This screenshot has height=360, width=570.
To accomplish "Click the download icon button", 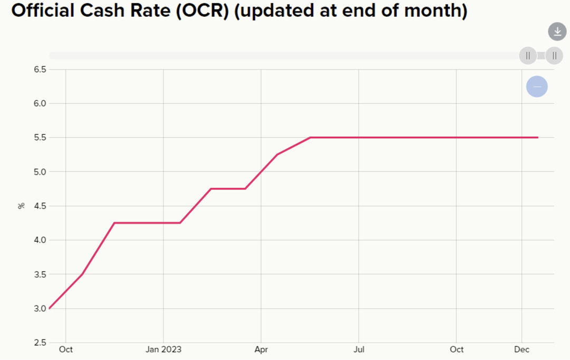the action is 557,32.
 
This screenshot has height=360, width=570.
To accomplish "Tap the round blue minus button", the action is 537,87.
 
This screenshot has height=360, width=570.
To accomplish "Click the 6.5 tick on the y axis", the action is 40,70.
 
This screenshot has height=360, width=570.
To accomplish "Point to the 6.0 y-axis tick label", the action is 40,103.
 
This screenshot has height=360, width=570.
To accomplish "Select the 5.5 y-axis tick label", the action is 40,137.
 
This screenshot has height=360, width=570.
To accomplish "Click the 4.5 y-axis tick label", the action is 40,206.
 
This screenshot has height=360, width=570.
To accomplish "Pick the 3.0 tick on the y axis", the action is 40,308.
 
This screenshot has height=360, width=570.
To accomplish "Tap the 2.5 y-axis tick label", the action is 40,343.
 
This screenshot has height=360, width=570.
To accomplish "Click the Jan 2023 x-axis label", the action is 163,349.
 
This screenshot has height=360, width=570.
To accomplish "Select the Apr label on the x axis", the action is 261,349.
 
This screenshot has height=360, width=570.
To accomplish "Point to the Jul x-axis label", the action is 359,349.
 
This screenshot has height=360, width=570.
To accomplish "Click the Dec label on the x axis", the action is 521,349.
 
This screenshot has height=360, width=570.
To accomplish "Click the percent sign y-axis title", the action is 21,206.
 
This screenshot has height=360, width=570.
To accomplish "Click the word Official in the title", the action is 43,10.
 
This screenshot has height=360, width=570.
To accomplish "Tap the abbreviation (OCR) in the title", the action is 203,11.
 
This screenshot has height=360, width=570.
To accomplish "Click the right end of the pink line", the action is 538,137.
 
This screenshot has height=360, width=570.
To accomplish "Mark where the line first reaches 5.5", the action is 310,137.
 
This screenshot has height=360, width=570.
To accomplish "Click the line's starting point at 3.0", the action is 50,308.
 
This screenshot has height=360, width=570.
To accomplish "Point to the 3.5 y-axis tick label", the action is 40,274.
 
